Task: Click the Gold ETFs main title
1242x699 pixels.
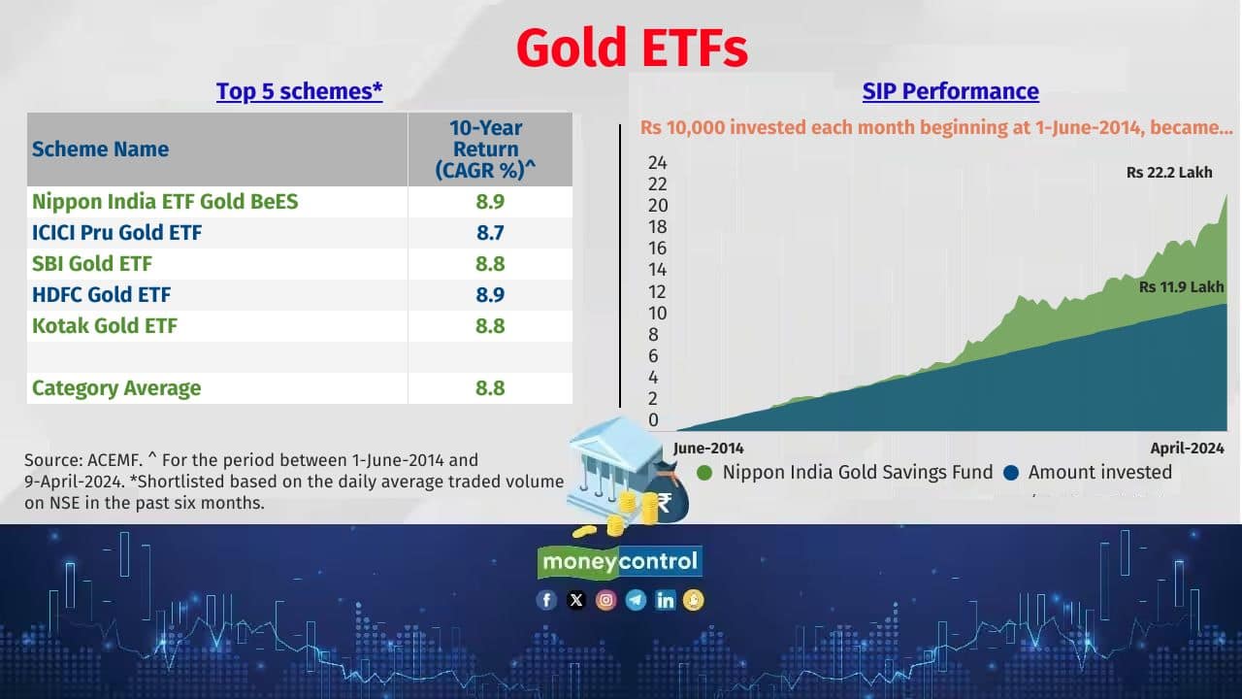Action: [632, 48]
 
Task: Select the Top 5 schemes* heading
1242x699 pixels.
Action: [300, 91]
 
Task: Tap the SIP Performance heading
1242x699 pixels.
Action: [950, 91]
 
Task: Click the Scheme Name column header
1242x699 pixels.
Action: [100, 150]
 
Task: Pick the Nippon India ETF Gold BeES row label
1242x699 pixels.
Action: [165, 201]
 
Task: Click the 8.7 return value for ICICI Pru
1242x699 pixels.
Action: [490, 232]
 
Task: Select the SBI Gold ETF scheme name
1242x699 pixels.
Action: [92, 263]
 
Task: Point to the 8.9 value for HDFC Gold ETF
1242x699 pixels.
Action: [490, 294]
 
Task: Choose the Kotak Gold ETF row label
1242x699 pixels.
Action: [105, 325]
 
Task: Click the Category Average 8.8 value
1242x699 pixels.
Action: [490, 387]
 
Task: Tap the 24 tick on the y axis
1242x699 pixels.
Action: [658, 162]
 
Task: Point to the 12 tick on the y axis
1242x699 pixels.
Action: [657, 292]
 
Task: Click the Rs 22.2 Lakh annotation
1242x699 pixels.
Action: [1169, 173]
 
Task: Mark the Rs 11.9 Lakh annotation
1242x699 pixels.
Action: [1182, 287]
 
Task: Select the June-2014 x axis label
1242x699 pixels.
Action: [708, 449]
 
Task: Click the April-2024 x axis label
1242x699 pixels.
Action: [1187, 449]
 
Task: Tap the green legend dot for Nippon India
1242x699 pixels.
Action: [704, 473]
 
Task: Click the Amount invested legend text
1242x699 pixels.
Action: [1100, 472]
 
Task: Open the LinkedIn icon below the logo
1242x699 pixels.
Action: [665, 600]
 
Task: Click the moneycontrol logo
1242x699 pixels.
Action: [620, 561]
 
